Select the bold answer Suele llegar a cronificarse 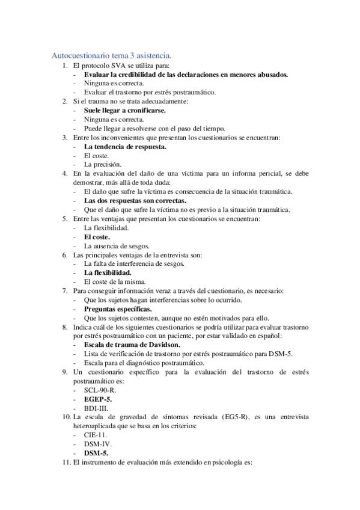point(124,111)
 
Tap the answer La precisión point(103,164)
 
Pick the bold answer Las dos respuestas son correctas point(135,200)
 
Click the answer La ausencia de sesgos point(117,245)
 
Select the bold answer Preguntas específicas point(117,309)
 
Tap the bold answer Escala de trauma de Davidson point(132,345)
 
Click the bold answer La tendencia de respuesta point(125,146)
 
